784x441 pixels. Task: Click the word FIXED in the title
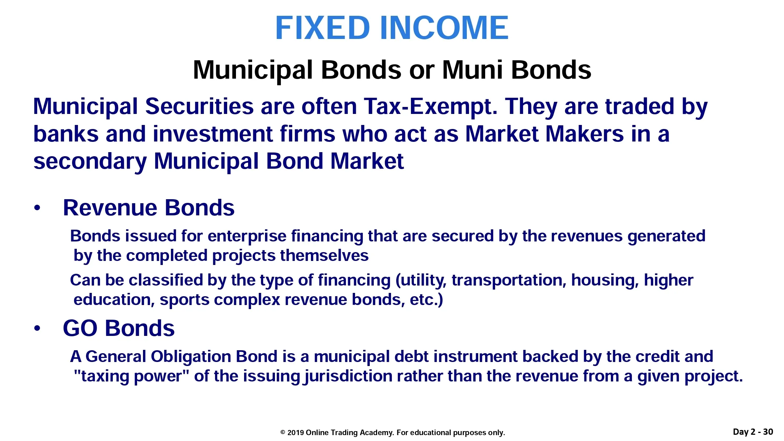(x=322, y=28)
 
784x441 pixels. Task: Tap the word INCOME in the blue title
(x=444, y=28)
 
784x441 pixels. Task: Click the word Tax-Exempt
(x=430, y=107)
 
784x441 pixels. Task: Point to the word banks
(x=66, y=134)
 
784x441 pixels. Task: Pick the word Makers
(x=585, y=134)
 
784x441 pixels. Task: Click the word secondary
(x=90, y=162)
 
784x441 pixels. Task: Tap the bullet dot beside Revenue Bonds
(x=37, y=208)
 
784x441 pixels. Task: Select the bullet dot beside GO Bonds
(x=37, y=328)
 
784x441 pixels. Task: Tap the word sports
(x=185, y=300)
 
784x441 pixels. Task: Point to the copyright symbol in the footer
(x=283, y=433)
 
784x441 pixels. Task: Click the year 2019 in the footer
(x=296, y=433)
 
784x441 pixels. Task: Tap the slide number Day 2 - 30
(x=753, y=432)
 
